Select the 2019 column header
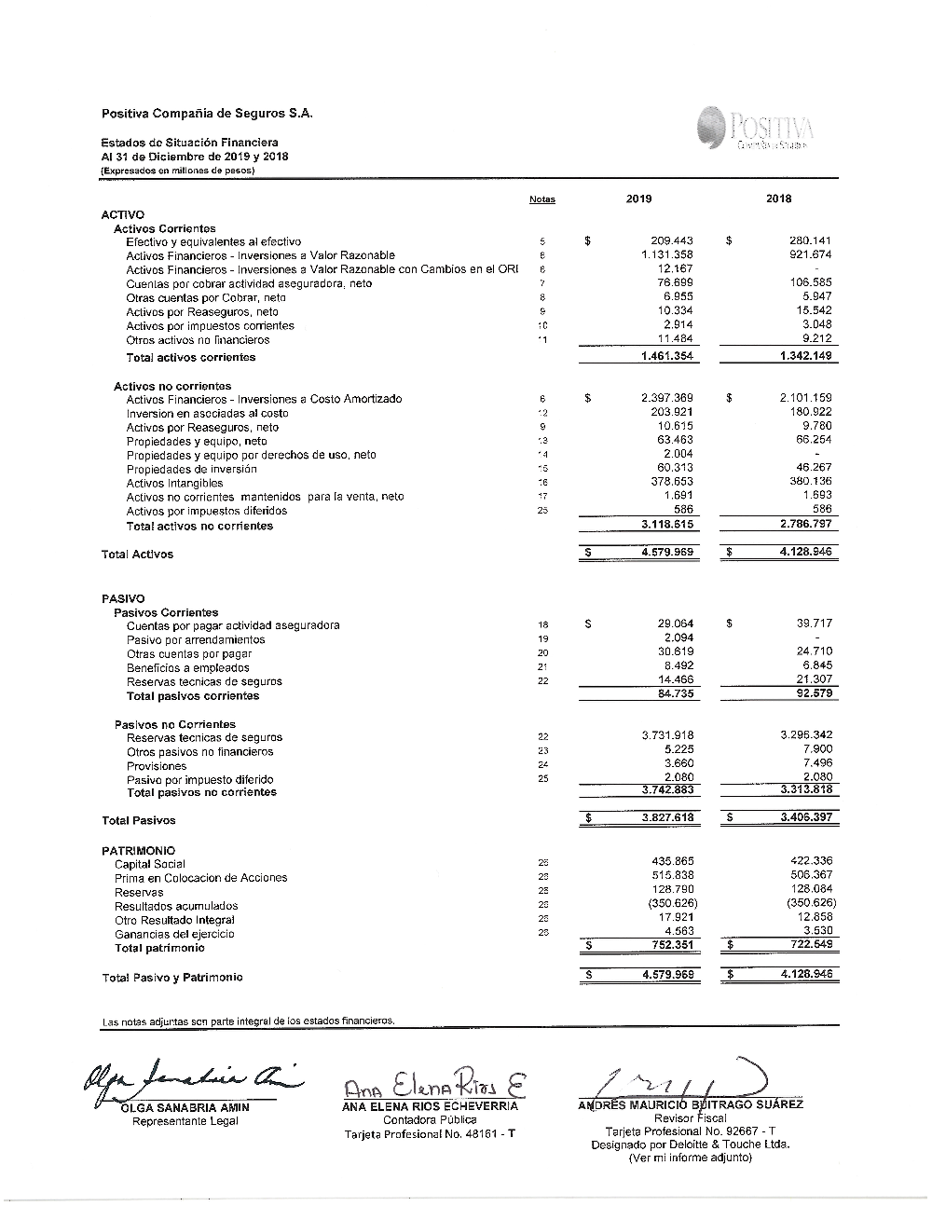(x=639, y=199)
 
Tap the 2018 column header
(x=778, y=199)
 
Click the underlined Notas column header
(x=541, y=199)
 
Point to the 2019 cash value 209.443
(x=672, y=241)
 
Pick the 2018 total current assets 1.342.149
(x=803, y=356)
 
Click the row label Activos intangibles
(x=174, y=483)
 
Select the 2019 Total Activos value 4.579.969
(x=667, y=553)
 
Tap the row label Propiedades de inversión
(x=191, y=469)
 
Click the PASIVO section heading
(x=123, y=598)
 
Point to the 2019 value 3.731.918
(x=667, y=735)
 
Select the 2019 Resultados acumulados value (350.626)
(x=670, y=903)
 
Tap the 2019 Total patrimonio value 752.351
(x=672, y=944)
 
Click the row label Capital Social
(x=149, y=864)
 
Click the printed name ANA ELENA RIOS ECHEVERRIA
(x=430, y=1106)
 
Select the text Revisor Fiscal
(x=690, y=1118)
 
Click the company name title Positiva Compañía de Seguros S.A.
(x=207, y=114)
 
